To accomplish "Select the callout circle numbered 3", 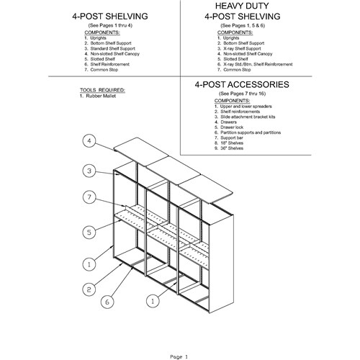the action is pos(89,171).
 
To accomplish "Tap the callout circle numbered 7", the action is pos(89,197).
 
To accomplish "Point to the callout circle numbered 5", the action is pos(89,232).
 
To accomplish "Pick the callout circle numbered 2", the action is pos(89,289).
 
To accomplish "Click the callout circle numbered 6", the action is pos(107,302).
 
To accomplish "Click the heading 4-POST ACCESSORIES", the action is pos(242,84).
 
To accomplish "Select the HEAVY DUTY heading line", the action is pos(242,6).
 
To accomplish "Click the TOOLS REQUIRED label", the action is pos(102,90).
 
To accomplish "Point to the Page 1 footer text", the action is pos(179,357).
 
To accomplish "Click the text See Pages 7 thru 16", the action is pos(242,94).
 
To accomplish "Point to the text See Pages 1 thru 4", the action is pos(110,25).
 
